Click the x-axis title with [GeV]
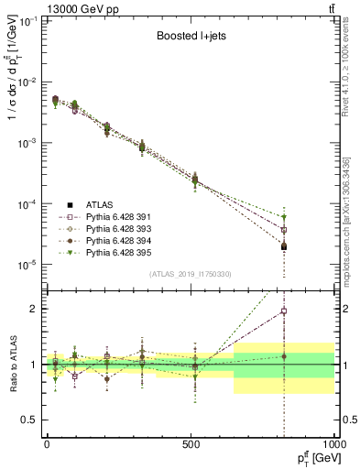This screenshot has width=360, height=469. [x=310, y=457]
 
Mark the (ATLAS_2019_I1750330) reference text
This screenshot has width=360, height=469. [x=191, y=274]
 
